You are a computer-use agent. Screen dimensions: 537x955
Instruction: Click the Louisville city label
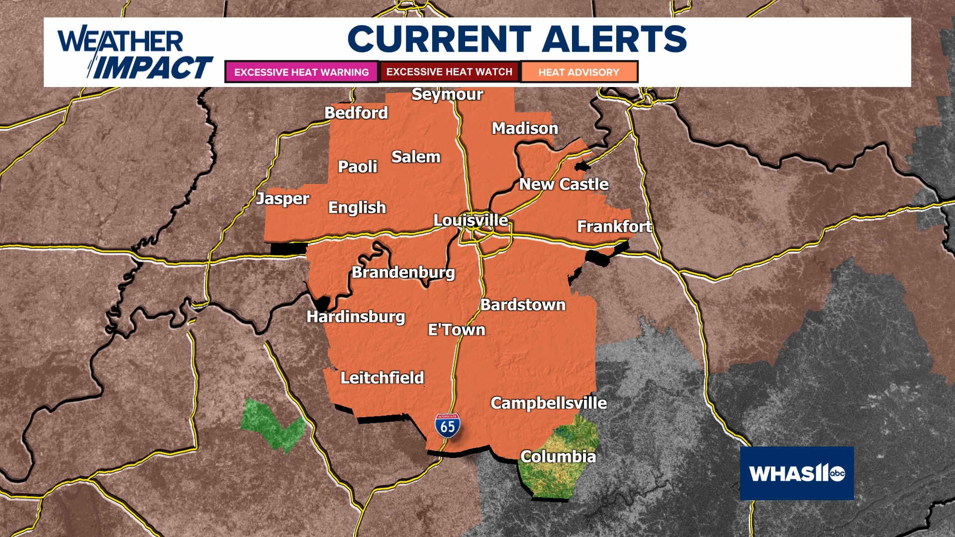click(471, 220)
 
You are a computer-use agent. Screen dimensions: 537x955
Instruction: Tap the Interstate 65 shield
click(447, 426)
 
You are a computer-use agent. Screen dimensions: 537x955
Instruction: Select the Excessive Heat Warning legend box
click(301, 72)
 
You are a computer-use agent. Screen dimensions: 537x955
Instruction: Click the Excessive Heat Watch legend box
click(449, 72)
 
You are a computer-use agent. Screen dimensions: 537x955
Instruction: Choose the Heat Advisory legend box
click(578, 72)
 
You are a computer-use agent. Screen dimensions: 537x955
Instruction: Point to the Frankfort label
click(614, 227)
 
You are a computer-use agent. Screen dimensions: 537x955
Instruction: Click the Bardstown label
click(523, 305)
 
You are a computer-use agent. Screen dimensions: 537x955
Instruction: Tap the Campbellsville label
click(549, 403)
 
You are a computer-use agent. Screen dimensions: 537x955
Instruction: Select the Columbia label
click(558, 456)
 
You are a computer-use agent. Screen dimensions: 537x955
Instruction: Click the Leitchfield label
click(382, 378)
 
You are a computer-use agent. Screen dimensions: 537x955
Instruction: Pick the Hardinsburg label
click(356, 317)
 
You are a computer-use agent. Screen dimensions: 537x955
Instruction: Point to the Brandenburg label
click(403, 272)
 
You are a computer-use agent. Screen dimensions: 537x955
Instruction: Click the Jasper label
click(283, 199)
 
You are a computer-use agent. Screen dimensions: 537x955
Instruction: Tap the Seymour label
click(447, 94)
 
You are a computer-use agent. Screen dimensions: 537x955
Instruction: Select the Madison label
click(525, 128)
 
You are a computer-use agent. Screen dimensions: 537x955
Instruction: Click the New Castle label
click(564, 184)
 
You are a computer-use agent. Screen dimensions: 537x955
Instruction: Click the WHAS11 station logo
click(797, 473)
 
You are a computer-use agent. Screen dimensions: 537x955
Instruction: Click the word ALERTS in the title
click(614, 39)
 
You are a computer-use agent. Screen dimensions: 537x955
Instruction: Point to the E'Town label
click(457, 330)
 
